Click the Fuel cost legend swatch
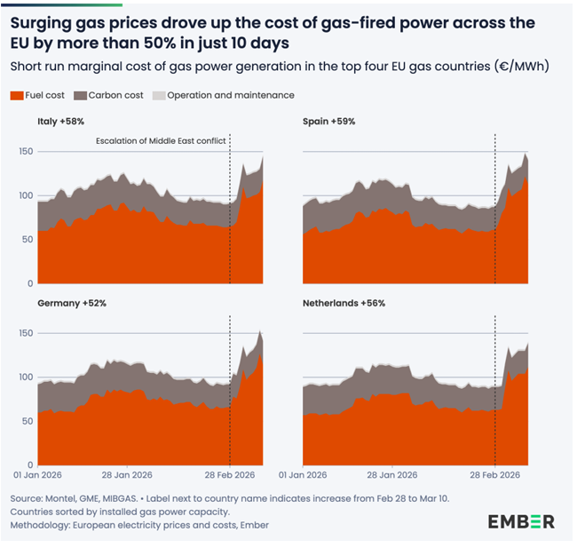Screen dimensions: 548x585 (x=17, y=95)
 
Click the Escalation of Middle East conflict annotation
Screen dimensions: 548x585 (x=161, y=140)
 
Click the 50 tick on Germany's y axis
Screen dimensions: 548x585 (x=28, y=421)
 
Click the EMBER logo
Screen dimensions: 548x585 (x=521, y=521)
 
